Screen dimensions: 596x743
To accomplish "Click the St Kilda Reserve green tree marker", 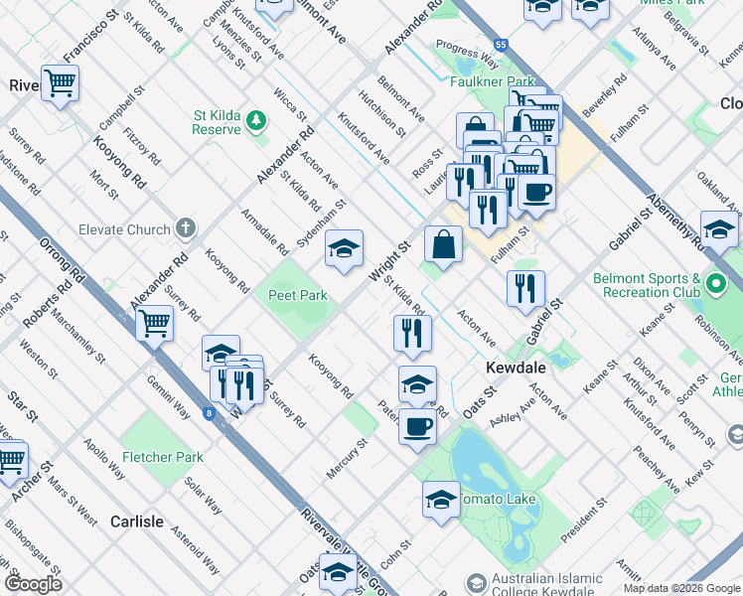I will pyautogui.click(x=257, y=121).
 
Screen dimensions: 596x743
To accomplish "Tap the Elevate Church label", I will pyautogui.click(x=124, y=229).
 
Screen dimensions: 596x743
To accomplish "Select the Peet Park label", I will pyautogui.click(x=297, y=295).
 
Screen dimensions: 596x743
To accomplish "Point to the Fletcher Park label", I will pyautogui.click(x=162, y=457).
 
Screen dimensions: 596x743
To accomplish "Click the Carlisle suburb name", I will pyautogui.click(x=137, y=521).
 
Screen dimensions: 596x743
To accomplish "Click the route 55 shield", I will pyautogui.click(x=503, y=46).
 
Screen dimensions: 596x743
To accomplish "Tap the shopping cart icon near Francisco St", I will pyautogui.click(x=60, y=82).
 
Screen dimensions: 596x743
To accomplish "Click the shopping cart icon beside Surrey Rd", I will pyautogui.click(x=154, y=322).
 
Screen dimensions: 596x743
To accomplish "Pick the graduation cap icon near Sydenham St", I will pyautogui.click(x=344, y=248).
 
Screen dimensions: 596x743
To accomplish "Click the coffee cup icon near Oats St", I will pyautogui.click(x=417, y=426).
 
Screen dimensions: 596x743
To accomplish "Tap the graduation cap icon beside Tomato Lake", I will pyautogui.click(x=441, y=499).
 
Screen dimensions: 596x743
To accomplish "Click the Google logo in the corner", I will pyautogui.click(x=33, y=584).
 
